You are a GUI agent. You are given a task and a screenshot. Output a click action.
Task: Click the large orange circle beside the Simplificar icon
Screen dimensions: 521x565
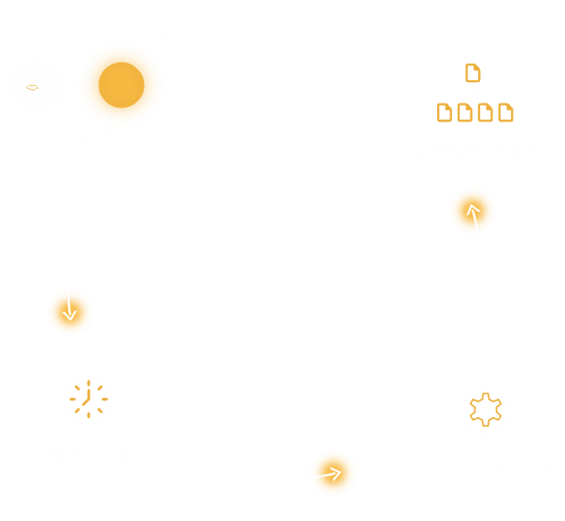pos(120,84)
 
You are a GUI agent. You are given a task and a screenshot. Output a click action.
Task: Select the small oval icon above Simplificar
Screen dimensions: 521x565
pos(33,87)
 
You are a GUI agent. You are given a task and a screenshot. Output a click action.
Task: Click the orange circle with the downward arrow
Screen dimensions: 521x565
pos(70,312)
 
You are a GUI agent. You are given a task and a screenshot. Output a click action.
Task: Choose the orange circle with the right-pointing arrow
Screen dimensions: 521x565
pos(333,473)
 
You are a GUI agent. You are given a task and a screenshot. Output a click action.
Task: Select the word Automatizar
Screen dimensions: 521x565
pos(483,466)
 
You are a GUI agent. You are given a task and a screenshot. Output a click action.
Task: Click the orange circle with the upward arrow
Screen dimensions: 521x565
pos(473,211)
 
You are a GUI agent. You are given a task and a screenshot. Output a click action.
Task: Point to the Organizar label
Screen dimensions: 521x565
pos(474,148)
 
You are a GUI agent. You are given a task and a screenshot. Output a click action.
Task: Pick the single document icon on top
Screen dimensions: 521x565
pos(473,72)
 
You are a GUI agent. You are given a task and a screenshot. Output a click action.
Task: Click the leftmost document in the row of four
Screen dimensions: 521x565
pos(445,113)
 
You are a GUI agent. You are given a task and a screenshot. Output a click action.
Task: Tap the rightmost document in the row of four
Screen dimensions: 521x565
pos(505,113)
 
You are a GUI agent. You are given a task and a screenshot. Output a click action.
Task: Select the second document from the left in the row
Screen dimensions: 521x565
pos(465,113)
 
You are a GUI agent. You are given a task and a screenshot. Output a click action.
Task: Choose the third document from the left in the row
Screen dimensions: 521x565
pos(486,113)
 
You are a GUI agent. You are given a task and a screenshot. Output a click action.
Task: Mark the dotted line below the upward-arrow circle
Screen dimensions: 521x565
pos(479,289)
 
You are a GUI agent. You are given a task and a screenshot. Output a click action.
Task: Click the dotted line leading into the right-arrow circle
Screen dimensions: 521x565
pos(257,477)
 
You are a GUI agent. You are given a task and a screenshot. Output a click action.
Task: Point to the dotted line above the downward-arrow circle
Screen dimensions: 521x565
pos(75,238)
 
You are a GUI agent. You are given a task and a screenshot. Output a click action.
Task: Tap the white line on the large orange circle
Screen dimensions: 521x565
pos(89,84)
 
